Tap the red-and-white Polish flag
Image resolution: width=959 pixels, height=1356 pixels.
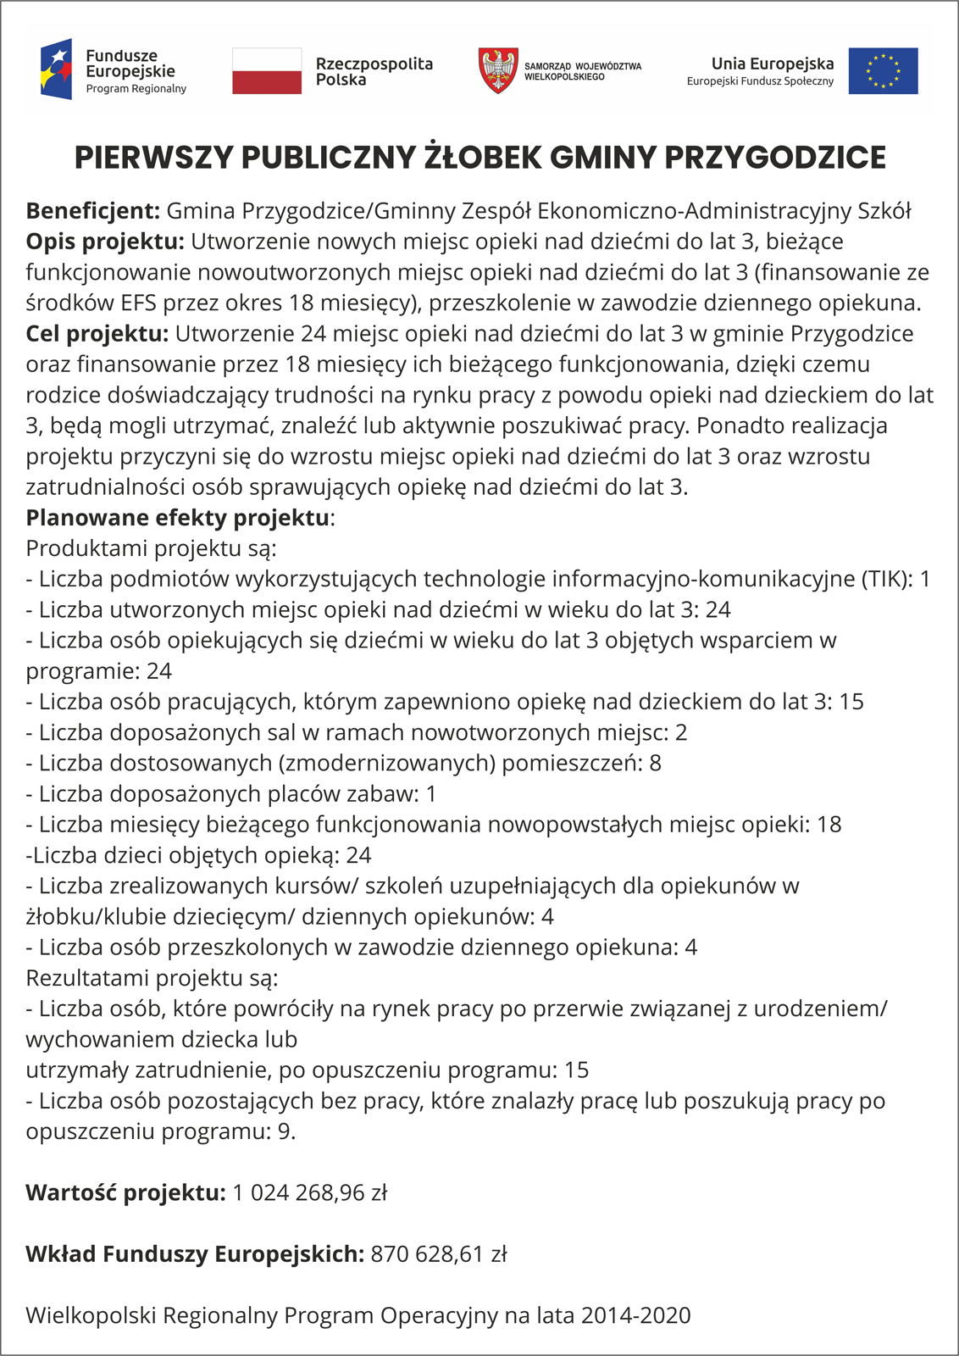pos(267,71)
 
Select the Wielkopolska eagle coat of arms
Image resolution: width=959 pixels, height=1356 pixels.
pos(498,70)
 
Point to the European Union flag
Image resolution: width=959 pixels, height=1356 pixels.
pos(883,71)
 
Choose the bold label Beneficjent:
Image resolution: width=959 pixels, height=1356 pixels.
pos(93,211)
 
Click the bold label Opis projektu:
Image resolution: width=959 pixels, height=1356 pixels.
pos(105,242)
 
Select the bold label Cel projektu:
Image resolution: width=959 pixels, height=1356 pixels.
pos(97,333)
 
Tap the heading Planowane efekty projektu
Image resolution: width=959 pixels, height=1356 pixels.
pos(178,517)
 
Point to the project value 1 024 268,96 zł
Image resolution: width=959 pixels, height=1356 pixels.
pos(310,1192)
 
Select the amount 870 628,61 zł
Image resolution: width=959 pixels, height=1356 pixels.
pos(439,1253)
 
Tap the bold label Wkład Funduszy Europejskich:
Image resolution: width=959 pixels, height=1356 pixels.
pos(195,1253)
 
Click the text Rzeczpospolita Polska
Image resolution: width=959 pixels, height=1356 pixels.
pos(374,71)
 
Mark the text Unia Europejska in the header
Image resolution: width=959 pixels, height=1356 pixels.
pos(772,64)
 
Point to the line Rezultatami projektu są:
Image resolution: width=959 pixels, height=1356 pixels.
pos(152,978)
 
